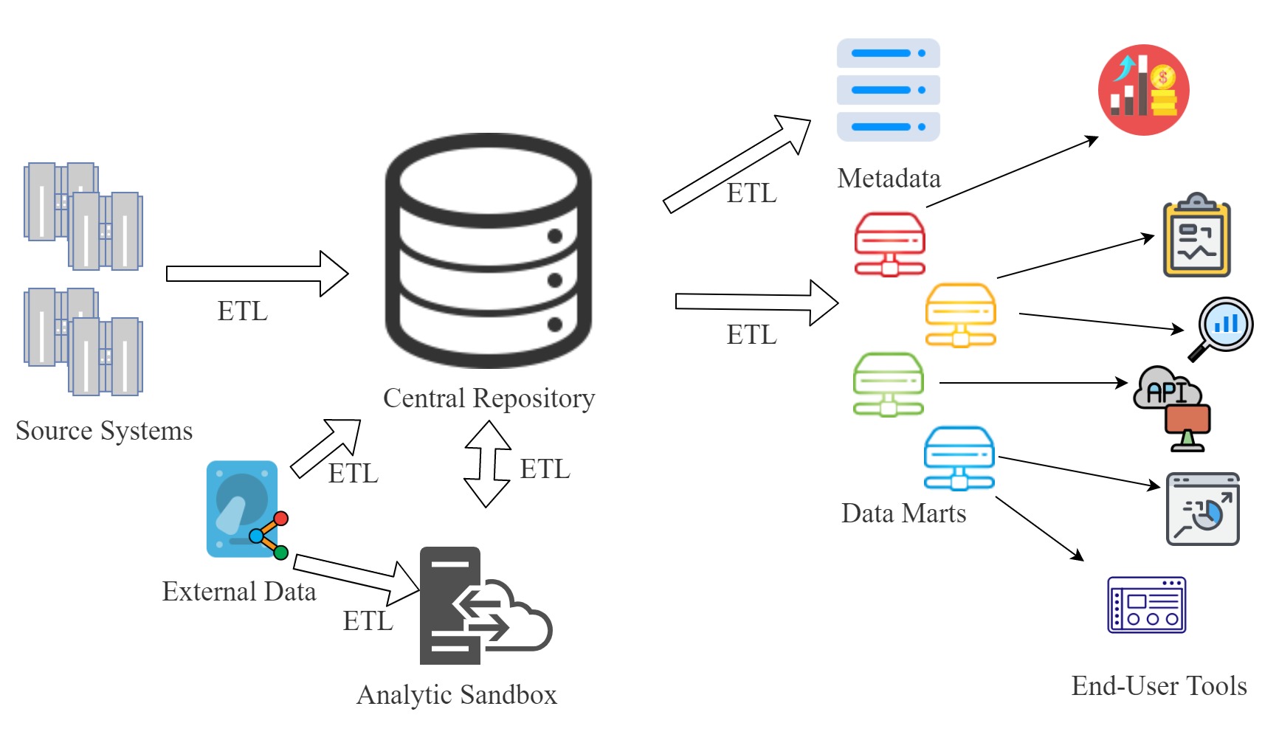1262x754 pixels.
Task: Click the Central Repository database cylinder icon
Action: pos(488,251)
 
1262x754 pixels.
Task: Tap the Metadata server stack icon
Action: pos(888,90)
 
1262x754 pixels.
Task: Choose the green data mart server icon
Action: pos(888,384)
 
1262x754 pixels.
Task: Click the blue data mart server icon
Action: pos(959,458)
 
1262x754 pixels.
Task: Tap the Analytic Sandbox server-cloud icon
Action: pos(483,606)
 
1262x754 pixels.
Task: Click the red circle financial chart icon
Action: pos(1143,89)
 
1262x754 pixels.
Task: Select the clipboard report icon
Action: pos(1196,237)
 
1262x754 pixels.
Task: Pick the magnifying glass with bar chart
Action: pos(1222,327)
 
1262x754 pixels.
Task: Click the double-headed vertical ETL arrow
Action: pos(487,463)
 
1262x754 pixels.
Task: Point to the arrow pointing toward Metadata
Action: pos(737,163)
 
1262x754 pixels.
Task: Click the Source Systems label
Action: pos(104,431)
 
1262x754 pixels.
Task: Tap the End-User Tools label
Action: pos(1159,686)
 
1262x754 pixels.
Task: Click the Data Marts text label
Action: pos(903,513)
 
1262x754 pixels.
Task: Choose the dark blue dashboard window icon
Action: pos(1146,605)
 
